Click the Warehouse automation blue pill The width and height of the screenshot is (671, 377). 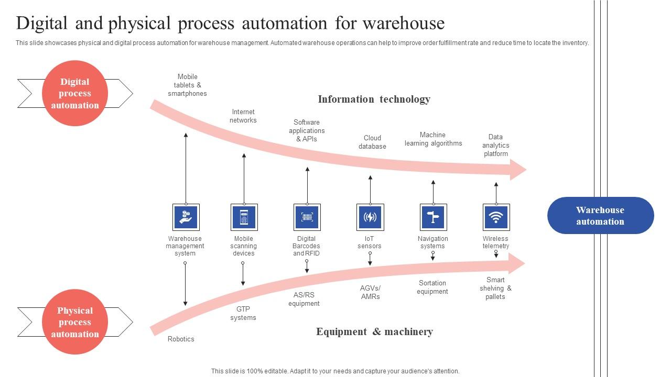600,215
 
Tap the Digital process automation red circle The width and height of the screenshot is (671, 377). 75,93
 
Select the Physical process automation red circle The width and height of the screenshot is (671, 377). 75,322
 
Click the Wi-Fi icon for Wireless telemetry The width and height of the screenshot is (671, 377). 496,217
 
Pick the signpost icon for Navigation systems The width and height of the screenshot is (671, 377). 433,217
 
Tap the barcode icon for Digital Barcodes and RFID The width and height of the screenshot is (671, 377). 307,217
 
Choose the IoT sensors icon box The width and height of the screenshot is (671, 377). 370,217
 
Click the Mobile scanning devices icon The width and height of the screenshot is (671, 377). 244,217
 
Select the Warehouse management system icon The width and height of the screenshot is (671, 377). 185,217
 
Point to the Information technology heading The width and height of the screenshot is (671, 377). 374,99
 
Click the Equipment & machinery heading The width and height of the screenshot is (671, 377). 374,331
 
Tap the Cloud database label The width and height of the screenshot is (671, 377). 372,142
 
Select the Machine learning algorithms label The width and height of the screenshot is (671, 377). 433,139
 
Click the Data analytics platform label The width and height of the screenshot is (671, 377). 496,145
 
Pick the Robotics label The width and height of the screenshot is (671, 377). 181,339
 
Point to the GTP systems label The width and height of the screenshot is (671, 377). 243,313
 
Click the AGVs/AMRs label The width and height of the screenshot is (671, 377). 370,292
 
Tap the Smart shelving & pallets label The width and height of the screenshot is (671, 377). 495,288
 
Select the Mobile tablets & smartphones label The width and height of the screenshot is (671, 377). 187,85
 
